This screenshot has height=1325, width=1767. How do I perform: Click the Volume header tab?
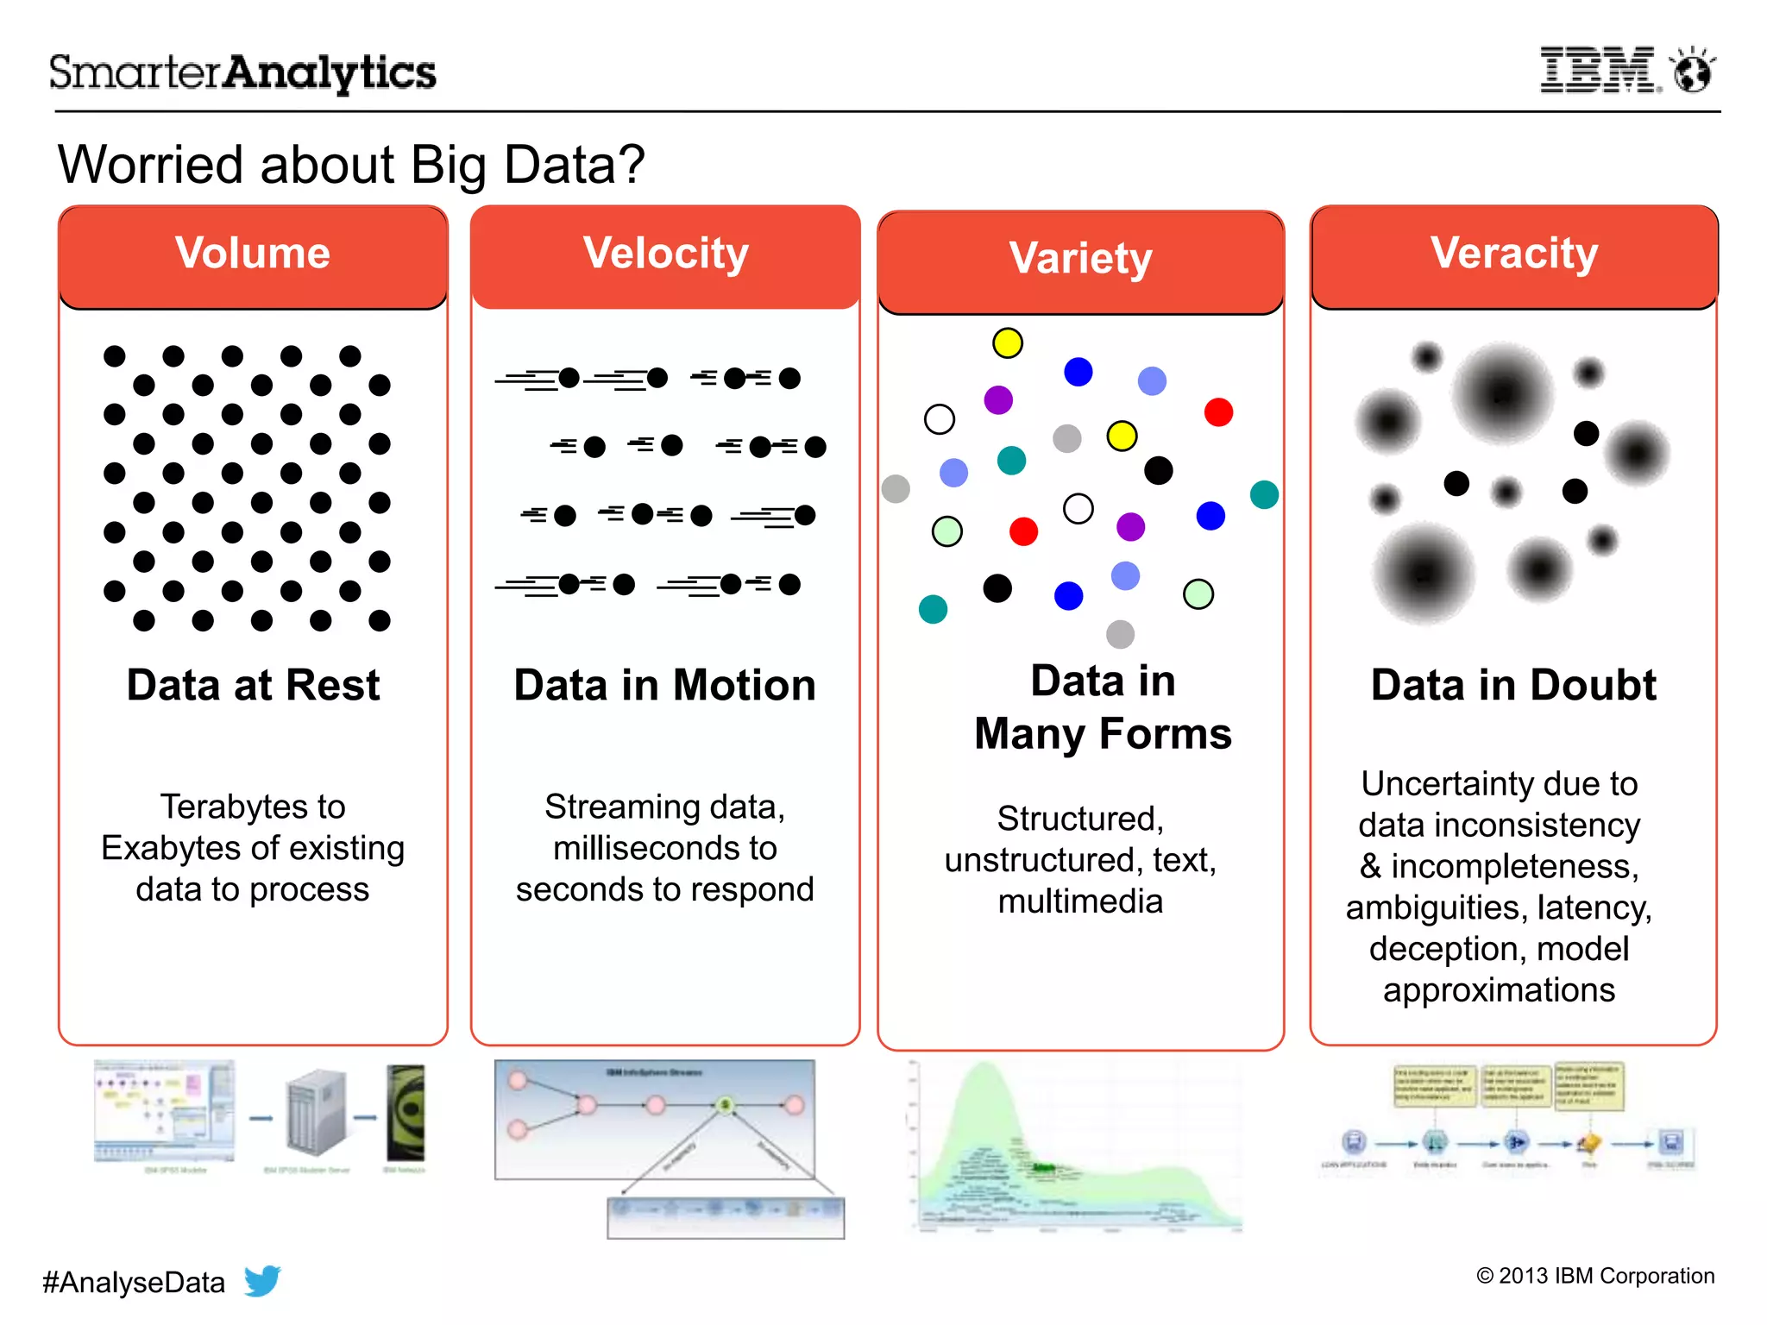pos(253,255)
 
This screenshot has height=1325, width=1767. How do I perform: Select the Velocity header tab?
pos(665,255)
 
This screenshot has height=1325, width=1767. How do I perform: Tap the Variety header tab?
pos(1080,260)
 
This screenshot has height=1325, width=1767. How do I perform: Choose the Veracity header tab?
pos(1514,255)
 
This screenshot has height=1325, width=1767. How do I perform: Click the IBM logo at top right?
pos(1599,70)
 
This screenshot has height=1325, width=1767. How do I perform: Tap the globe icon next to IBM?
pos(1692,71)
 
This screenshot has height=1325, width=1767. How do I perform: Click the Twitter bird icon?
pos(262,1280)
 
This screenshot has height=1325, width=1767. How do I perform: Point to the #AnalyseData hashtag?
pos(134,1282)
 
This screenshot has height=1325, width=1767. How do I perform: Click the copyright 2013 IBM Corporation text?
pos(1595,1276)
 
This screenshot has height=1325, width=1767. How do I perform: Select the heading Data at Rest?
pos(253,685)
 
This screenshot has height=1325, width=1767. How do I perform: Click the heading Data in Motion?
pos(664,685)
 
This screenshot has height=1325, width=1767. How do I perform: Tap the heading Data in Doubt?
pos(1513,685)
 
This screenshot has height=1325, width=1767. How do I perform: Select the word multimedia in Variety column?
pos(1080,901)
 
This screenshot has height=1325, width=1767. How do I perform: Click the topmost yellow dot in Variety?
pos(1008,343)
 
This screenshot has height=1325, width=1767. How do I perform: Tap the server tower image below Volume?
pos(317,1114)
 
